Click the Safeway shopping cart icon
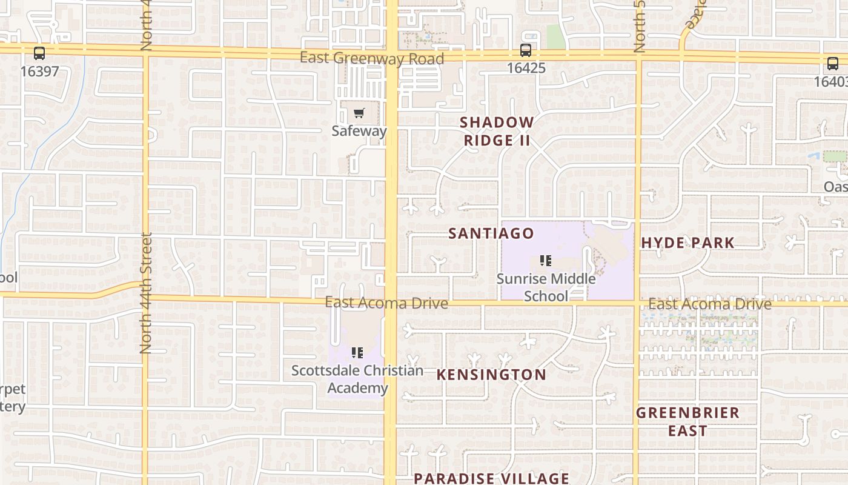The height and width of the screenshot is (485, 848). [359, 113]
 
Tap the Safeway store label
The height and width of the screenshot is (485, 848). [359, 131]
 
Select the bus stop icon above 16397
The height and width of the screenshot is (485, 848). [39, 53]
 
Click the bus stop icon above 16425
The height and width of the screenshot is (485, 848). [526, 51]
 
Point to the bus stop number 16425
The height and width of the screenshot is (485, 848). [526, 68]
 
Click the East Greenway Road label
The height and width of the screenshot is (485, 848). [372, 58]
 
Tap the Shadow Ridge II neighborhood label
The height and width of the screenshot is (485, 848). [497, 131]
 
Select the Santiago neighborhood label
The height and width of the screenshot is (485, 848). [491, 233]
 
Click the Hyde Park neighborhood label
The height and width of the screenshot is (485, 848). [687, 243]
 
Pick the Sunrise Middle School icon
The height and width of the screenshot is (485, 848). [546, 261]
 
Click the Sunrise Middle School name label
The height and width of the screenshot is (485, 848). [546, 287]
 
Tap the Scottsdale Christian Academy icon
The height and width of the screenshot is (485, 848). [357, 352]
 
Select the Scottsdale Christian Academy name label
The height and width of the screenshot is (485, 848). [357, 379]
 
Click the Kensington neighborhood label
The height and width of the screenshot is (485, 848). [491, 375]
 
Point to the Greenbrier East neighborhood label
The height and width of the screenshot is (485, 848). [687, 421]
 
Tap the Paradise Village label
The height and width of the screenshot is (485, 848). [491, 478]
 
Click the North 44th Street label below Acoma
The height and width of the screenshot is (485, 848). [145, 293]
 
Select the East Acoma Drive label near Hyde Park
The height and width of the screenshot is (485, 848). [709, 304]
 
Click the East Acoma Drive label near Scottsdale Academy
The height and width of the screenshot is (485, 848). [386, 303]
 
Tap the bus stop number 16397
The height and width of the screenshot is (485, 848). [39, 72]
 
